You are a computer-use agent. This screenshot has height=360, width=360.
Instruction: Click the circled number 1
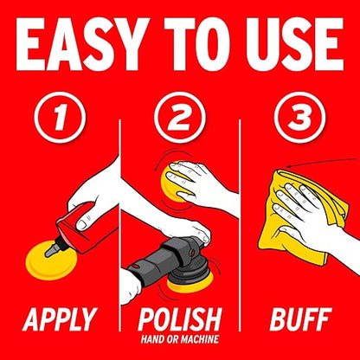[60, 118]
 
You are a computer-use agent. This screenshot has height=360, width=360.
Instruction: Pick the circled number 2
[180, 118]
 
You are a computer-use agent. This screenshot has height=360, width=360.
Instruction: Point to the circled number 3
[300, 118]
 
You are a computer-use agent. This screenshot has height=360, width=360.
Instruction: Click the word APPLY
[60, 319]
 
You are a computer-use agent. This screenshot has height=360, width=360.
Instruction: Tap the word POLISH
[180, 319]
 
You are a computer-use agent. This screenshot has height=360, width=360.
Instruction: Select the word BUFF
[301, 319]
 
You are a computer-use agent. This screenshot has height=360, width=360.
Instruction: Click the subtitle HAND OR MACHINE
[180, 339]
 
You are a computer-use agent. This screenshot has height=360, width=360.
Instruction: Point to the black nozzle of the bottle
[54, 247]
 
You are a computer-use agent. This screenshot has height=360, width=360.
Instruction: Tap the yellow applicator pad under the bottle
[51, 262]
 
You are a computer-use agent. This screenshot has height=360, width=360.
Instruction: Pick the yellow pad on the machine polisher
[191, 283]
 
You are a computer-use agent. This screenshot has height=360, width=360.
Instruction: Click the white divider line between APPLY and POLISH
[120, 225]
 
